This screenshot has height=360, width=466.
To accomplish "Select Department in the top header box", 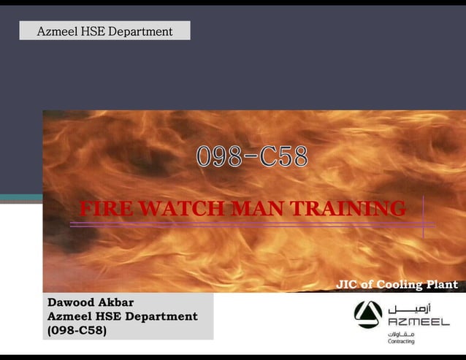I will [145, 31].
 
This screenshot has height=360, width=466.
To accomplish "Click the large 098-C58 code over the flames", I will [251, 157].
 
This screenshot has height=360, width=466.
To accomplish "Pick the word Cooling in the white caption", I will [400, 285].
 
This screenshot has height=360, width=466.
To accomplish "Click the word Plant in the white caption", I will [442, 285].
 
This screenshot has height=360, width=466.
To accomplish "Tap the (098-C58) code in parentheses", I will [77, 330].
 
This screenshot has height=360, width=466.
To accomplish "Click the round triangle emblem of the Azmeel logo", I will [368, 315].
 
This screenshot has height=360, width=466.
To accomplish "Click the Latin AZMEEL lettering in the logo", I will [419, 322].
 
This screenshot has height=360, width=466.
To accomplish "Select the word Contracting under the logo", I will [401, 341].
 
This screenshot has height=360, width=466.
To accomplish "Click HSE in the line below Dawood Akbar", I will [106, 316].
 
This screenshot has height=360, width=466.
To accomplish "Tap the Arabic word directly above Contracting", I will [402, 333].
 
